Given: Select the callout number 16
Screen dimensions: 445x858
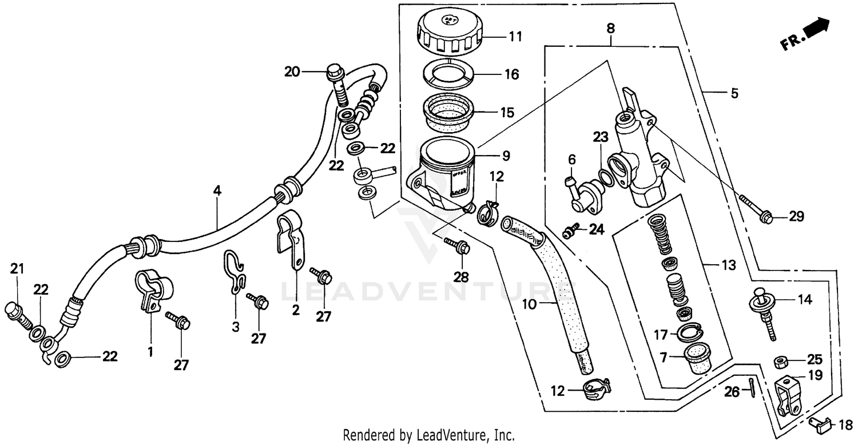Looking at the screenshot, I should point(511,74).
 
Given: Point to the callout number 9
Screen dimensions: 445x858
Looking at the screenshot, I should point(507,156).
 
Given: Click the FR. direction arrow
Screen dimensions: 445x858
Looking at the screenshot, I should point(805,35).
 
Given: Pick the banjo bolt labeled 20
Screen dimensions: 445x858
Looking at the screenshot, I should point(337,85).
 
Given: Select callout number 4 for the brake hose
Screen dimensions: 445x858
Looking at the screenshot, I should point(217,191).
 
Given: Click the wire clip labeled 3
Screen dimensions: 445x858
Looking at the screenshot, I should point(236,273).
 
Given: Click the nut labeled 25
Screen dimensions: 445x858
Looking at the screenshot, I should point(780,361).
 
